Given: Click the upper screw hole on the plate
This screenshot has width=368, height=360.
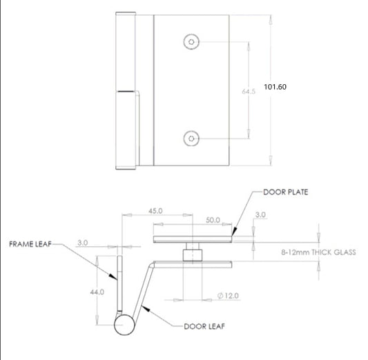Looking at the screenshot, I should tap(191, 42).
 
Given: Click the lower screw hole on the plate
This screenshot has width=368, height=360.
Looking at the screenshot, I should tap(191, 139).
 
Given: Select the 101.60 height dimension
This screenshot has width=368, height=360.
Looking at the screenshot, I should tap(275, 88).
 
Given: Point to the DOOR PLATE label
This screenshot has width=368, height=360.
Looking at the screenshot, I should tap(284, 192).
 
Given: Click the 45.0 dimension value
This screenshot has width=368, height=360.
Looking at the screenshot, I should tap(154, 211).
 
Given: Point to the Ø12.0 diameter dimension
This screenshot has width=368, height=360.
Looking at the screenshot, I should tap(228, 295).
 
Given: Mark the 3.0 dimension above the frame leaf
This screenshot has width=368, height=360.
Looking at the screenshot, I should tap(83, 243).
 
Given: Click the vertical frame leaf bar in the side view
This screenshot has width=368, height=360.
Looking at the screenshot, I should tap(119, 283).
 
